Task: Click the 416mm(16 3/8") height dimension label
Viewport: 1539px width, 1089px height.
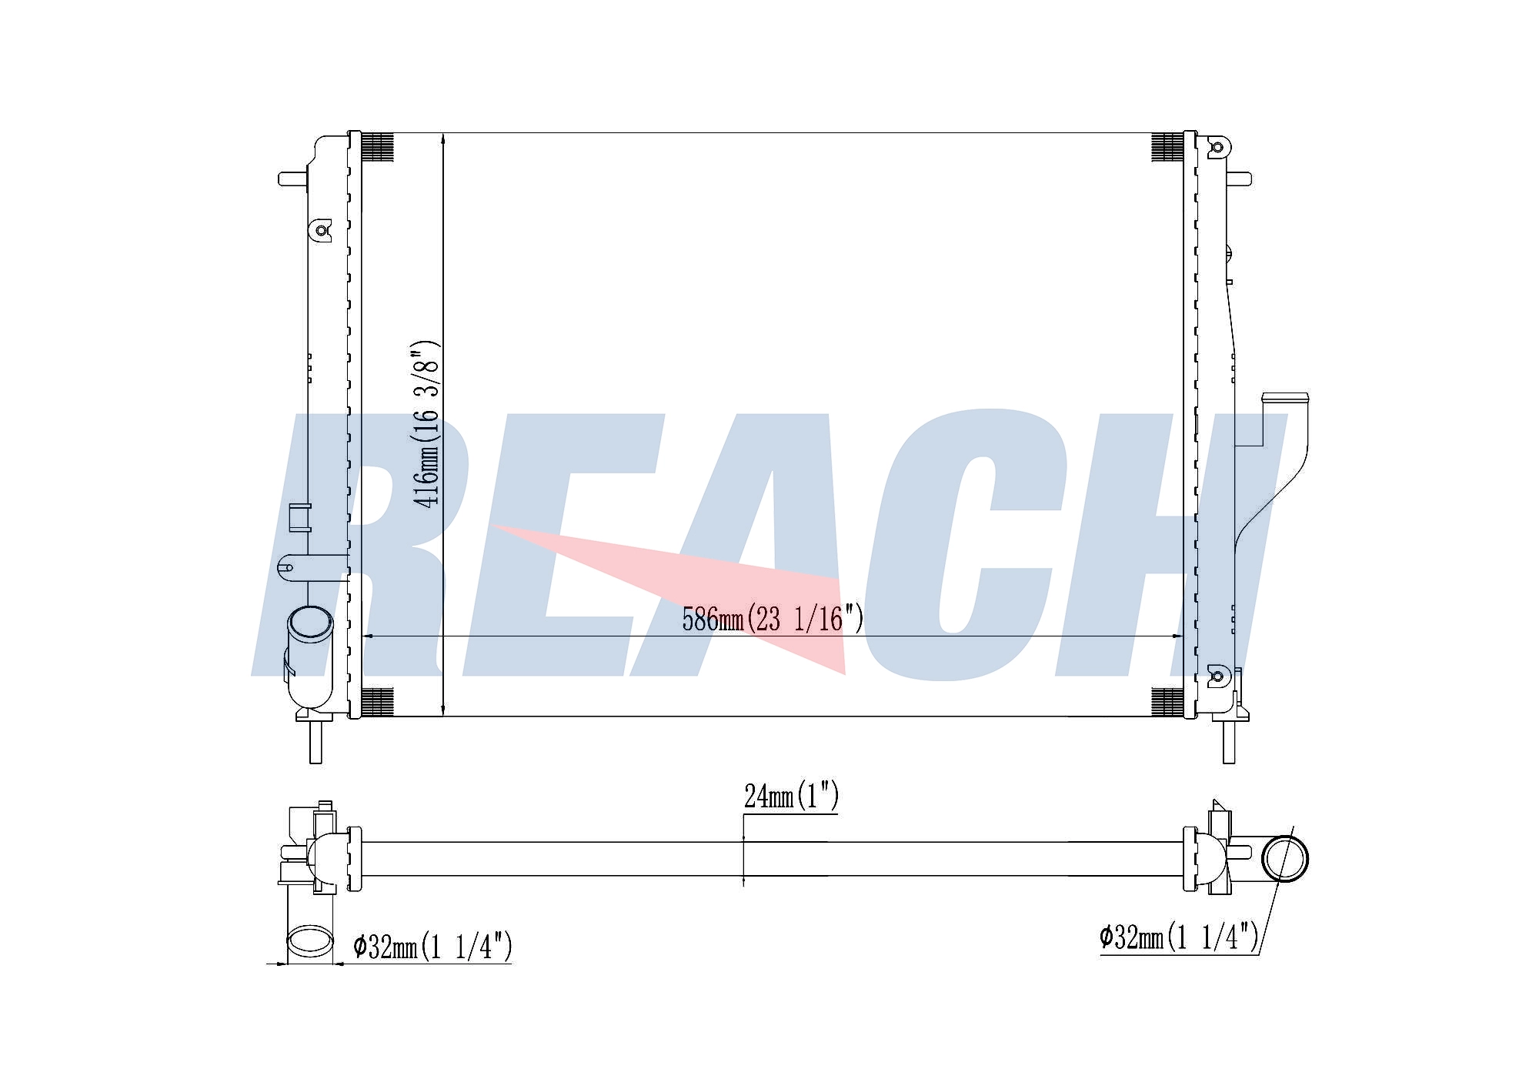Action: tap(426, 423)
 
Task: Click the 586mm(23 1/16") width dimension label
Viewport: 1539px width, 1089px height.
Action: tap(773, 619)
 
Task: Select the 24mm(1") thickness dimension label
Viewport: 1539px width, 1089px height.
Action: tap(791, 797)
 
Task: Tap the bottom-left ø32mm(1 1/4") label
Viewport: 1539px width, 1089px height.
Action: tap(432, 946)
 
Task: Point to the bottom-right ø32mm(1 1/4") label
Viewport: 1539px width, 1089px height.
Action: tap(1179, 937)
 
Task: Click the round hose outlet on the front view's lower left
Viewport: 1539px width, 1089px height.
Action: tap(310, 623)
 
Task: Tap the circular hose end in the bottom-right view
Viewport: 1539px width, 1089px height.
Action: tap(1285, 858)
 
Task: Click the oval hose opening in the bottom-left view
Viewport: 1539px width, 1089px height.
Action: tap(310, 941)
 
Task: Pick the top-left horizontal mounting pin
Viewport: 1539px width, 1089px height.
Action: tap(293, 179)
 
